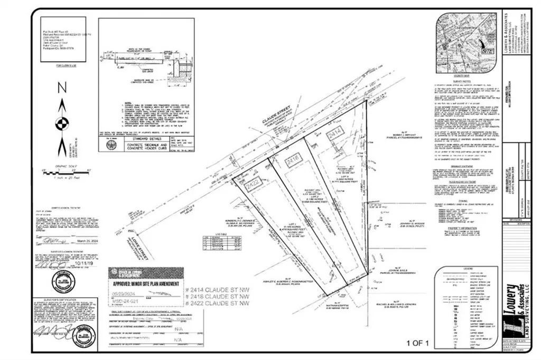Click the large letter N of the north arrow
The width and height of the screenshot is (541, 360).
click(x=62, y=89)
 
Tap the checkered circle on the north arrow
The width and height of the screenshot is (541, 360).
click(x=62, y=125)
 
